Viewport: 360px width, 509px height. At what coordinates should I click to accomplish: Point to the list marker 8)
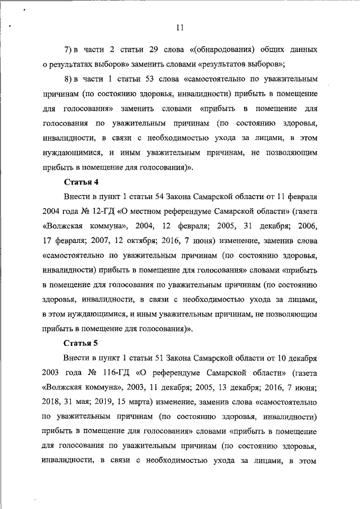coord(70,78)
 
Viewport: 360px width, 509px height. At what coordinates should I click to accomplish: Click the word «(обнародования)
coord(220,49)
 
